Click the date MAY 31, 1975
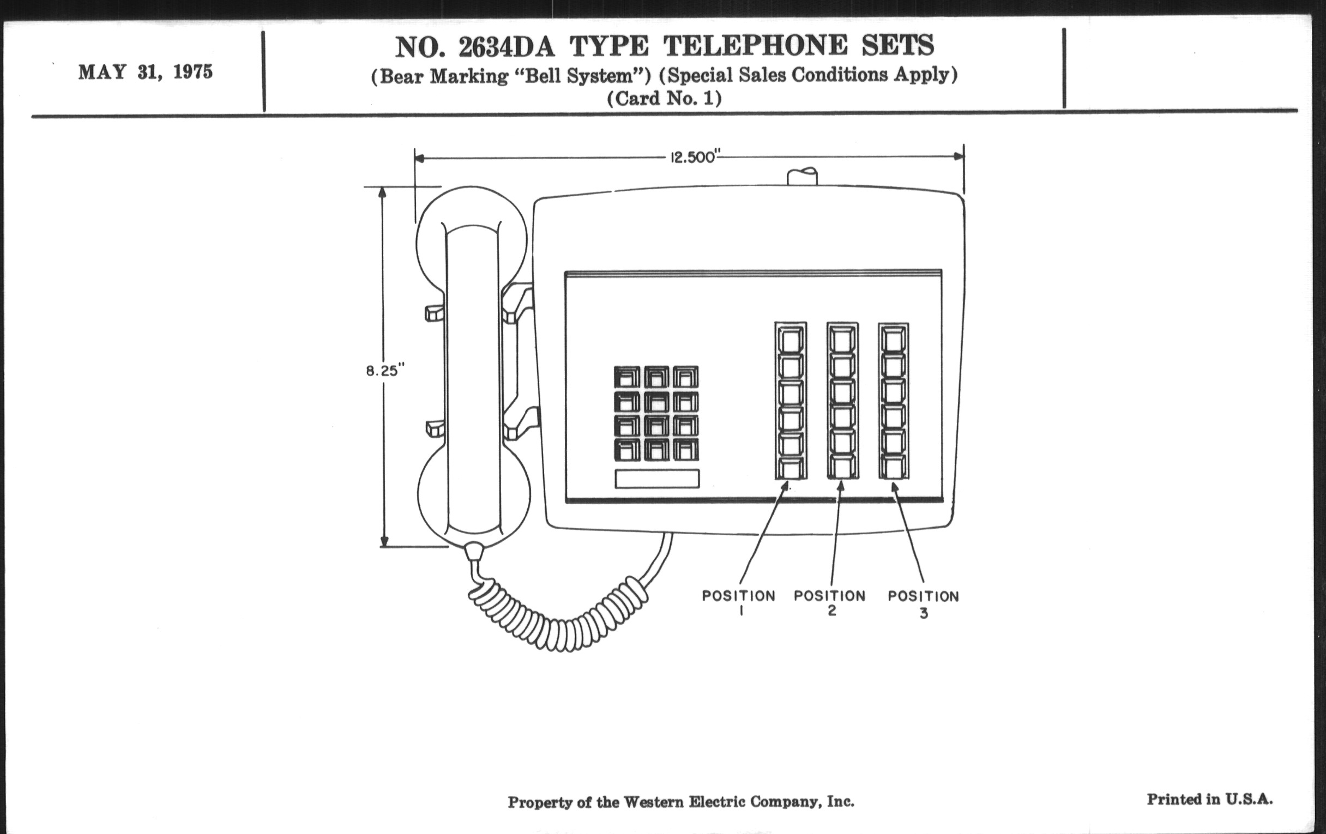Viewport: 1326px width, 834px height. (146, 72)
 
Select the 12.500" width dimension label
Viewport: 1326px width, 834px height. (693, 158)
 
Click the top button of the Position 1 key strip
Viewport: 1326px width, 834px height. (791, 340)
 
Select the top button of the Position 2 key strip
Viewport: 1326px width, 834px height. (842, 340)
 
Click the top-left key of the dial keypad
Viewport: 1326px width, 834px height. (626, 378)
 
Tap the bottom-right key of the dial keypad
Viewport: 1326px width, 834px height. (685, 450)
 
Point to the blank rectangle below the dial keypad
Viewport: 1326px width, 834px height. (657, 479)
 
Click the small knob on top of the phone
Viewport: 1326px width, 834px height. (803, 177)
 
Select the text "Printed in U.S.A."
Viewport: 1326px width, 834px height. (1209, 799)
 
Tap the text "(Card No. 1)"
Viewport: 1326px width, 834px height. (664, 99)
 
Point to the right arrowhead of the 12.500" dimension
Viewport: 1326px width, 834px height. (959, 156)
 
